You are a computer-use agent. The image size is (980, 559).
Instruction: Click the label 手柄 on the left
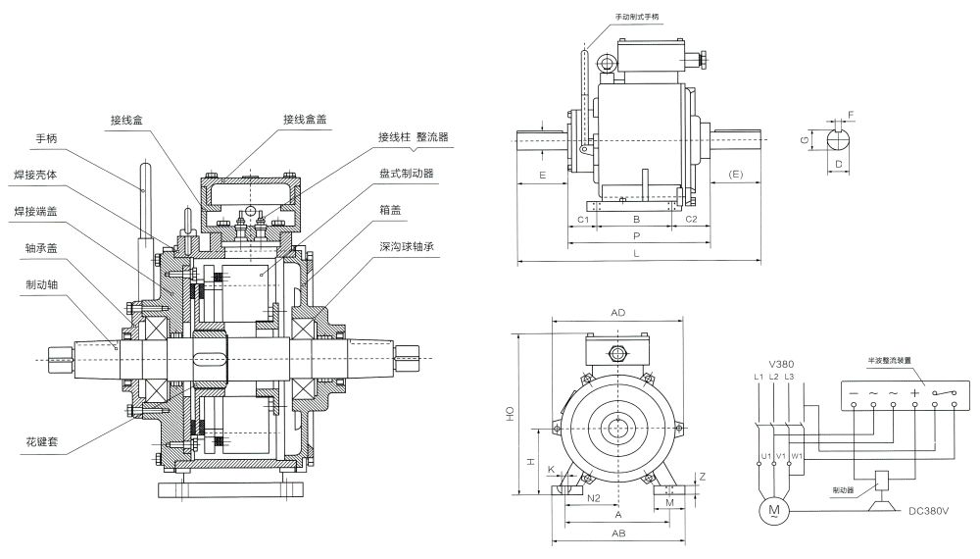click(x=46, y=139)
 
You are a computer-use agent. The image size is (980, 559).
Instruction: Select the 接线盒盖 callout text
click(x=305, y=119)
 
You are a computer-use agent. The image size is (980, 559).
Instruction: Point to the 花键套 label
click(x=41, y=442)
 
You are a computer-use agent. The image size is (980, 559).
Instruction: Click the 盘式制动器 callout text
click(x=406, y=174)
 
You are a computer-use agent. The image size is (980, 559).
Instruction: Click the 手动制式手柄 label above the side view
click(x=638, y=17)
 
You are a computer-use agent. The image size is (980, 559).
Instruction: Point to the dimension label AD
click(x=618, y=312)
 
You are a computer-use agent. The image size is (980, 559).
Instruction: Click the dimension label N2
click(x=594, y=498)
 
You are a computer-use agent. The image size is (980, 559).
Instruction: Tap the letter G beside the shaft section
click(x=805, y=141)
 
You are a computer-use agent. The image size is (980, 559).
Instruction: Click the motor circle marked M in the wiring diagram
click(x=774, y=509)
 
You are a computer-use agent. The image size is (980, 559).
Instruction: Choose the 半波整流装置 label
click(x=889, y=360)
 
